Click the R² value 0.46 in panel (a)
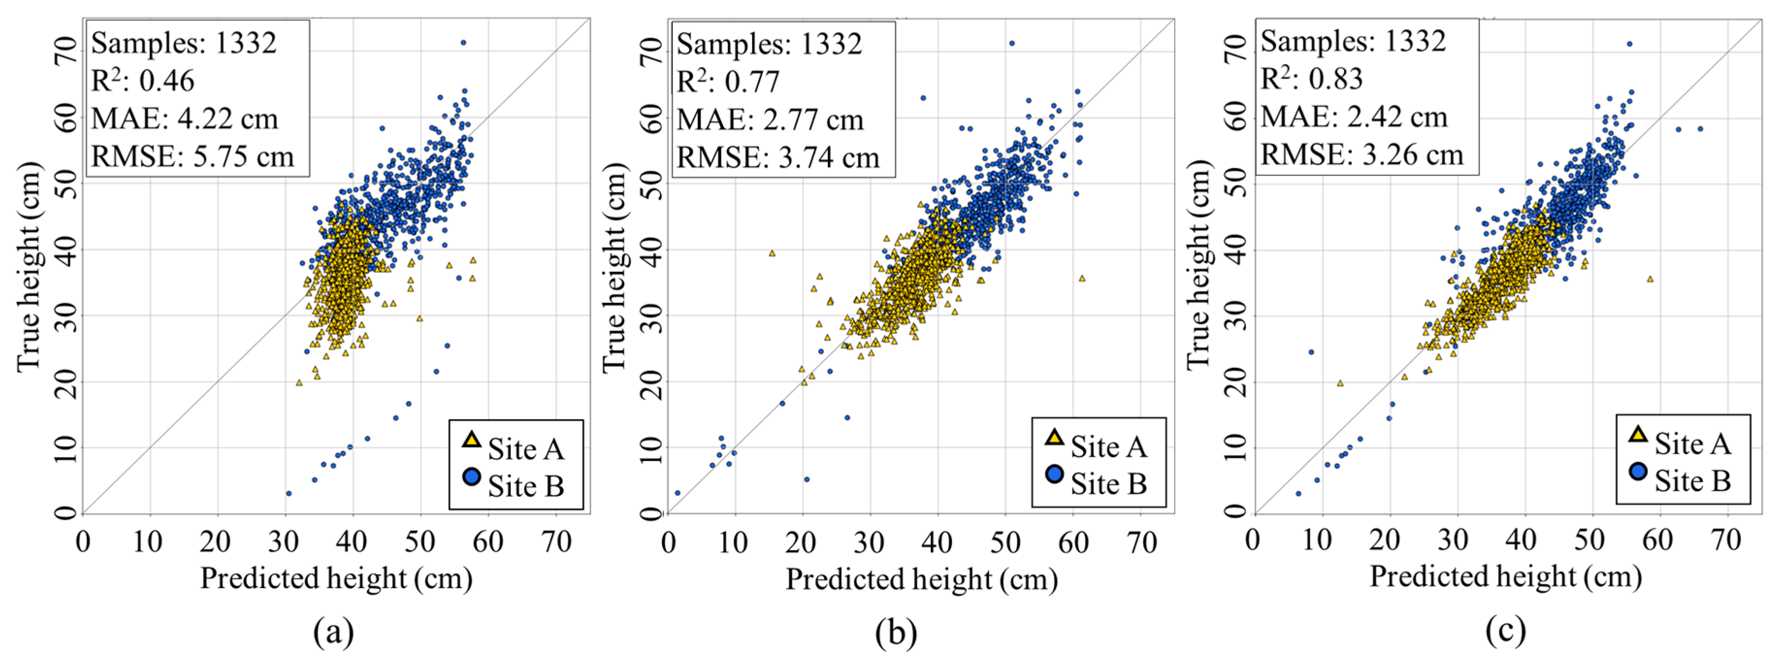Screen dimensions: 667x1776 click(167, 81)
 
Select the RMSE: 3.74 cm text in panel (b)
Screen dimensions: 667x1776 click(778, 158)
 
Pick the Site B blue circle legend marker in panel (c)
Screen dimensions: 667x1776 click(1638, 471)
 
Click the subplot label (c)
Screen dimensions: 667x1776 click(1506, 630)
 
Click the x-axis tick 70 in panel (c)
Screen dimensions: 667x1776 click(1726, 540)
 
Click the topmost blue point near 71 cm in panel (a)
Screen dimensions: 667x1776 click(463, 43)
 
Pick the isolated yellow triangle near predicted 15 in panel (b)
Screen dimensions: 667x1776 click(772, 254)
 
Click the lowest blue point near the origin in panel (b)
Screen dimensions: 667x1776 click(677, 492)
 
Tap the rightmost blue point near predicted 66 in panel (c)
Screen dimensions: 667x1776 click(1700, 129)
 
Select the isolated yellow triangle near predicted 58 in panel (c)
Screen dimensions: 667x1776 click(1650, 279)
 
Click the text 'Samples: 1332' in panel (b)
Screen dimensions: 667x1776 click(768, 44)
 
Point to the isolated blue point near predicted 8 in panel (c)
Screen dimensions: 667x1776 click(1311, 352)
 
